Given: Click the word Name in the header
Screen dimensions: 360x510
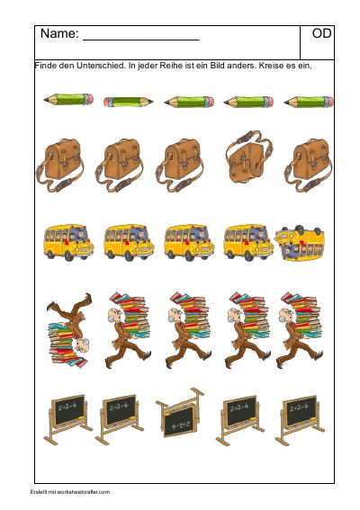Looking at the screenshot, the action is pyautogui.click(x=59, y=33).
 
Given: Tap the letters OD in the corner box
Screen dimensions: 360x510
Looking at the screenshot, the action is pyautogui.click(x=321, y=33).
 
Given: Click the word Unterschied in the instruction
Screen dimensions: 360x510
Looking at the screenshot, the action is pyautogui.click(x=101, y=66).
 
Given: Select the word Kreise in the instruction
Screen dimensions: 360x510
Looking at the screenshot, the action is pyautogui.click(x=269, y=66).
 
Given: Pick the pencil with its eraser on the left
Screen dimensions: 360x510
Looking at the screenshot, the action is pyautogui.click(x=128, y=103).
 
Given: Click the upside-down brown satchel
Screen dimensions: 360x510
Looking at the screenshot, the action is pyautogui.click(x=249, y=157).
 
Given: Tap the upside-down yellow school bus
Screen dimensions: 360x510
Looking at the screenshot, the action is pyautogui.click(x=300, y=243).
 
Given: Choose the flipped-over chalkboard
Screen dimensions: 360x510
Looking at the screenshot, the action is pyautogui.click(x=180, y=412).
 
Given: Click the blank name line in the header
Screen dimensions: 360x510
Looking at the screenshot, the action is pyautogui.click(x=141, y=40).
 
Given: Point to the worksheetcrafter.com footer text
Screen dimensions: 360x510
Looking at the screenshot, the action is pyautogui.click(x=70, y=492).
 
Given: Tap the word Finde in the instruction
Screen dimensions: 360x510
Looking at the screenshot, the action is pyautogui.click(x=45, y=66).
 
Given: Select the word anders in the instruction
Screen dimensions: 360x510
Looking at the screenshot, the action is pyautogui.click(x=241, y=66).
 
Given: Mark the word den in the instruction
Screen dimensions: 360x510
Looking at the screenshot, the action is pyautogui.click(x=67, y=66).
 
